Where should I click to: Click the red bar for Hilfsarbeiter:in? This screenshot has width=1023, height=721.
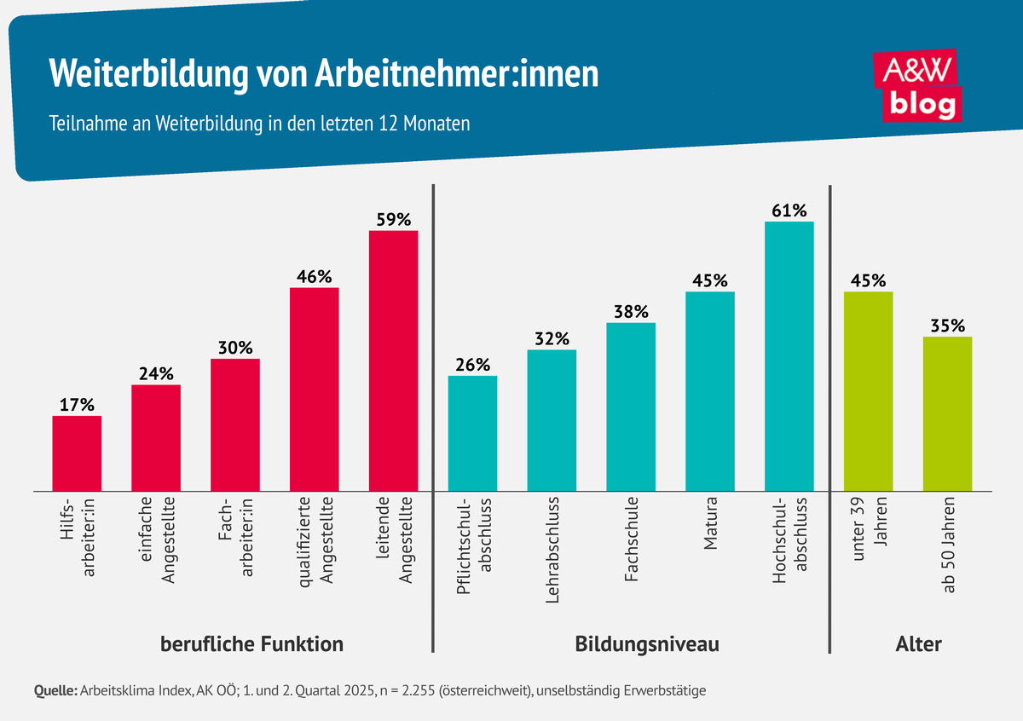(77, 453)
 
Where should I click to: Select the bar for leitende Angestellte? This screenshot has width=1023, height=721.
(393, 360)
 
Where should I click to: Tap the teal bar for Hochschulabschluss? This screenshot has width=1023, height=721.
(789, 356)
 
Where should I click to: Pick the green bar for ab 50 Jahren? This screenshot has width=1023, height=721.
(947, 414)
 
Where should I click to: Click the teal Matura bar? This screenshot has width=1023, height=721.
(709, 391)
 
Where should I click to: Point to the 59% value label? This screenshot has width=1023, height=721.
(393, 220)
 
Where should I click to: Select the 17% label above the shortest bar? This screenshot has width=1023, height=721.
(77, 405)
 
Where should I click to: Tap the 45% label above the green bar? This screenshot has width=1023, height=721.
(868, 280)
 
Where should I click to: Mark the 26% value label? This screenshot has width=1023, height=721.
(472, 365)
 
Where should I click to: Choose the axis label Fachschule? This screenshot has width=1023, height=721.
(632, 539)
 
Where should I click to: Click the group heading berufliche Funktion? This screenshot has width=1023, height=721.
(252, 644)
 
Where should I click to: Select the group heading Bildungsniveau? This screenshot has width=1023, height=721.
(647, 644)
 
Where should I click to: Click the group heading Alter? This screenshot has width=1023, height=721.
(918, 644)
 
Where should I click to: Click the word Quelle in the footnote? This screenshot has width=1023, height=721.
(55, 690)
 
